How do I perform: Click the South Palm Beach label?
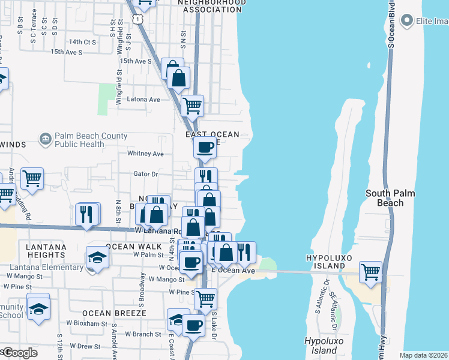pos(390,197)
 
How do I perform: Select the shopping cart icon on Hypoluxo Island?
pos(371,272)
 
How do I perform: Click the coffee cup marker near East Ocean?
pos(205,147)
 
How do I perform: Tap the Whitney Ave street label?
pos(145,154)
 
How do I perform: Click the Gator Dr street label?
pos(145,174)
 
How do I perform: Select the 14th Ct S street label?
pos(82,42)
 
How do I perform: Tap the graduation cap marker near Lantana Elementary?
pos(97,257)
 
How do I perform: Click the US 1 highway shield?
pos(139,19)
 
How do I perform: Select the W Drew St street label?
pos(83,346)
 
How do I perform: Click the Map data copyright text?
pos(423,355)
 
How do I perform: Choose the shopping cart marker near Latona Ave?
pos(192,106)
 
